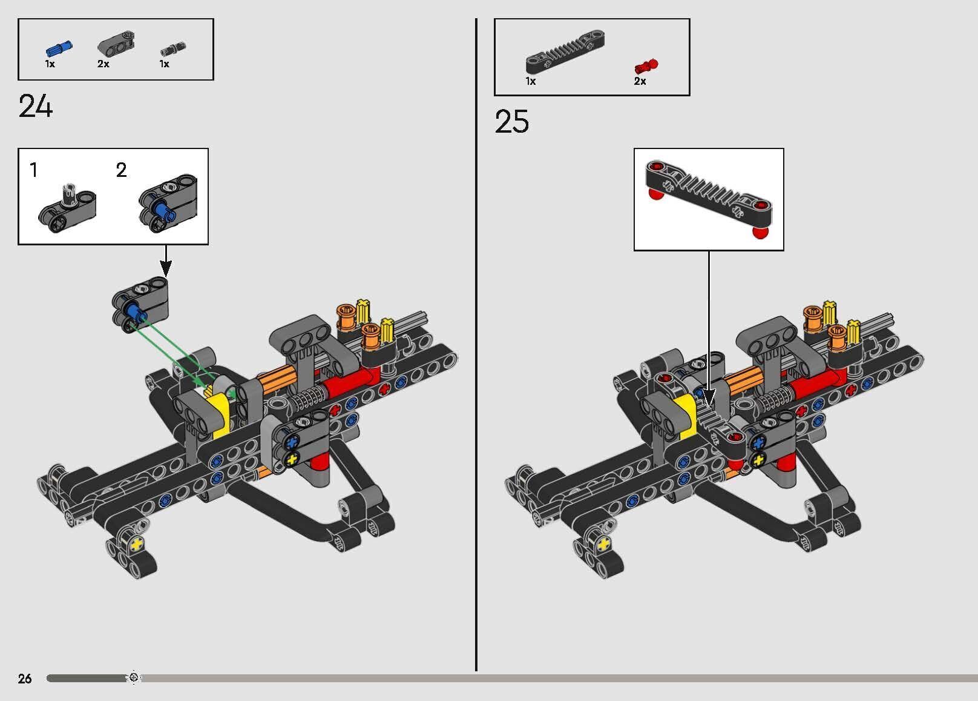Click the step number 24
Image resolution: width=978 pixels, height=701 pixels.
coord(36,107)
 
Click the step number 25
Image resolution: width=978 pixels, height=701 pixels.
coord(511,122)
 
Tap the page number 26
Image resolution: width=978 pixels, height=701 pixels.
coord(25,678)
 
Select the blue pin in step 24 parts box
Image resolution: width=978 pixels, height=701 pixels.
coord(59,48)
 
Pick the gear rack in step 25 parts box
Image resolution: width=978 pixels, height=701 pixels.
coord(564,51)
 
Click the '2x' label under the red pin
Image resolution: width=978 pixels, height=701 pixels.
coord(640,81)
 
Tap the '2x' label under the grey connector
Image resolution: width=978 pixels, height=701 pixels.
coord(103,64)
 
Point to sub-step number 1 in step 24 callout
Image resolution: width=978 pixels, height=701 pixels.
coord(34,170)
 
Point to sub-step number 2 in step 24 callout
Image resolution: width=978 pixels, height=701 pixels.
coord(121,170)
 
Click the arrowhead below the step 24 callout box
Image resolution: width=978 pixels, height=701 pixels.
coord(166,268)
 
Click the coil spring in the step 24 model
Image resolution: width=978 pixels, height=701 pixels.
coord(308,399)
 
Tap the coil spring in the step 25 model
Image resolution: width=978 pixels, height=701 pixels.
coord(774,399)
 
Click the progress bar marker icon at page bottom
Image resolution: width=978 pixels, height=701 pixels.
coord(134,677)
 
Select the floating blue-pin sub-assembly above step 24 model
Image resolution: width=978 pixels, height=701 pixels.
coord(140,305)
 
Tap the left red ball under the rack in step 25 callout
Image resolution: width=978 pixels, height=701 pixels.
coord(654,194)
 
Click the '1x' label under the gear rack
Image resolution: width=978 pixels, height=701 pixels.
coord(530,81)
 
